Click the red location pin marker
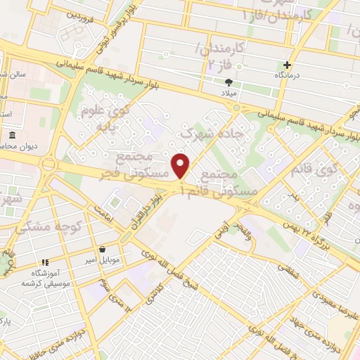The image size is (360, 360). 181,166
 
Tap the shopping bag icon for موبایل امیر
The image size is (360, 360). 103,249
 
